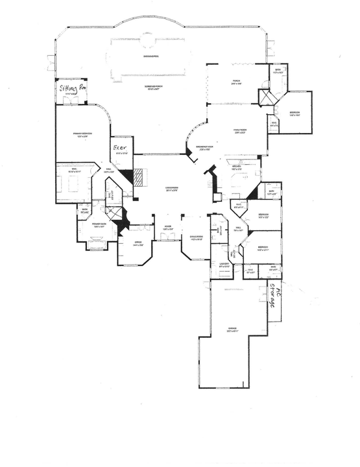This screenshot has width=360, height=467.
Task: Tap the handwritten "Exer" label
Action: tap(121, 149)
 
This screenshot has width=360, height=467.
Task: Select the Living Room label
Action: tap(171, 189)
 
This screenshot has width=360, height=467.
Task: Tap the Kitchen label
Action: tap(237, 167)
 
